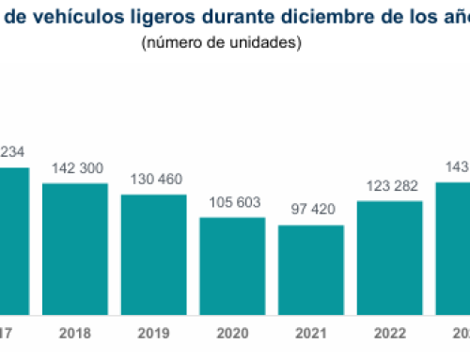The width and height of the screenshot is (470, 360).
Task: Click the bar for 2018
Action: (74, 248)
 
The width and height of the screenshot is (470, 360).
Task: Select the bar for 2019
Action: (153, 254)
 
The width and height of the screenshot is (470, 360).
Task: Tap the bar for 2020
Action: (232, 266)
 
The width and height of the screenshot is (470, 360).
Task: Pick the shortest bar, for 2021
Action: (311, 270)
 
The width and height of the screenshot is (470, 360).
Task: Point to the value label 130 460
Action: (153, 180)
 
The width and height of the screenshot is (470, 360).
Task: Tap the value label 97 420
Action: (311, 211)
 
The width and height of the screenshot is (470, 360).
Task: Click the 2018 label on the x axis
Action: (74, 333)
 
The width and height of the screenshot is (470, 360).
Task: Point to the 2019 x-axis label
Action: (153, 333)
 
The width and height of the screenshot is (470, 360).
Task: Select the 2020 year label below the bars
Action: (232, 333)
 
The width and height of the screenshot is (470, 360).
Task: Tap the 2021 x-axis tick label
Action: (311, 333)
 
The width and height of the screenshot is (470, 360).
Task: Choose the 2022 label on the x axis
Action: (390, 333)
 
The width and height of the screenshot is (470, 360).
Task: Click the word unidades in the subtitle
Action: (265, 43)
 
